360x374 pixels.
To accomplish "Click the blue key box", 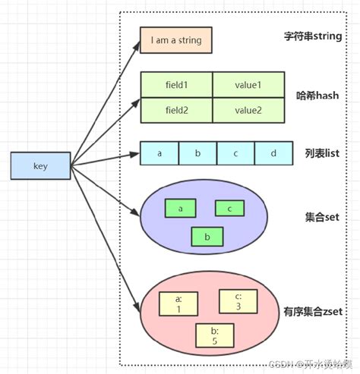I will tap(41, 166).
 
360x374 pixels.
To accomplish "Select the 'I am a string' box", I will tap(175, 40).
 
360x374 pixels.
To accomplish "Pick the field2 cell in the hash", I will tap(176, 110).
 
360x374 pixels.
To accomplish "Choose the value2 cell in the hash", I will tap(248, 110).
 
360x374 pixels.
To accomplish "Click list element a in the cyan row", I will tap(159, 153).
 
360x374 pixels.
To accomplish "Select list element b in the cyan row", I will tap(197, 153).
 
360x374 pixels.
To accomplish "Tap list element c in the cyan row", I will tap(235, 153).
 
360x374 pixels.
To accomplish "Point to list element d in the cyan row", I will tap(273, 153).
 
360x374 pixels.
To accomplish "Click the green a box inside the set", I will tap(180, 208).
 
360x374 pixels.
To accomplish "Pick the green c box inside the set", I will tap(229, 208).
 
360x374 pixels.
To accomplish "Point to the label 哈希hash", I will tap(316, 97).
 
